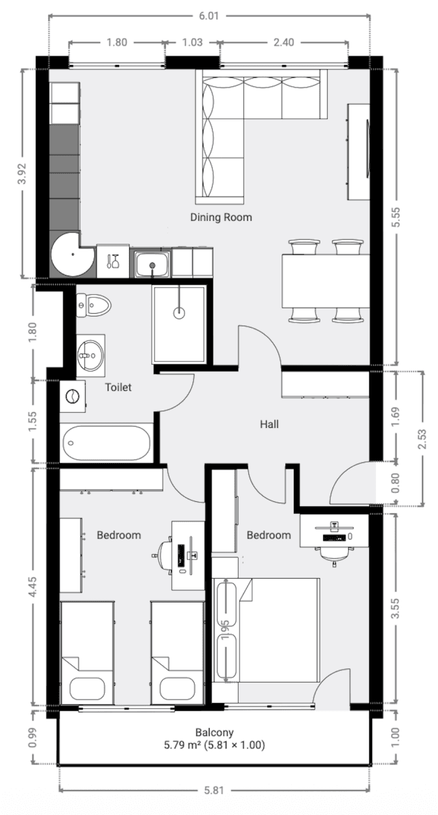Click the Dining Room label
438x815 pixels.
[221, 217]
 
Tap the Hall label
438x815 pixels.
[269, 424]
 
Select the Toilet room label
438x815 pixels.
[118, 387]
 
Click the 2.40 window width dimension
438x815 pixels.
[283, 42]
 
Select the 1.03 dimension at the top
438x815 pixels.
[192, 42]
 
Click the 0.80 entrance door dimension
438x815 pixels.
[394, 486]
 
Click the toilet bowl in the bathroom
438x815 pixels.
[92, 305]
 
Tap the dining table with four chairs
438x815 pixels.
[326, 280]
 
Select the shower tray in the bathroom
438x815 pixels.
[179, 323]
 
